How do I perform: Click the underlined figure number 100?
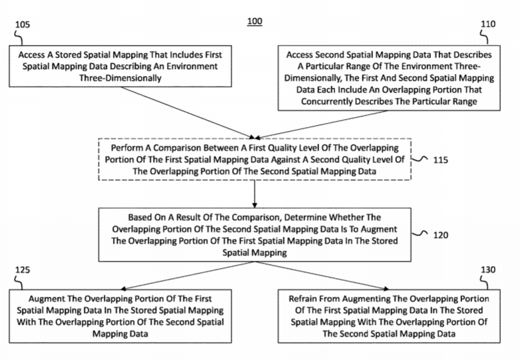[x=255, y=21]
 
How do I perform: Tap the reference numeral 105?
[x=23, y=25]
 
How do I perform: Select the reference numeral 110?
[x=488, y=24]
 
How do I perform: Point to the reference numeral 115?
[x=441, y=160]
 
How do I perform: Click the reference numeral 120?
[x=441, y=235]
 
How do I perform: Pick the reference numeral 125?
[x=23, y=270]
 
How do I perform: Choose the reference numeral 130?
[x=488, y=270]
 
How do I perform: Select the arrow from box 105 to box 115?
[x=188, y=113]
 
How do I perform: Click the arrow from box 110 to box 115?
[x=321, y=124]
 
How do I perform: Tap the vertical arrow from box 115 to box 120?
[x=255, y=194]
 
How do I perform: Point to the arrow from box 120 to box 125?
[x=188, y=275]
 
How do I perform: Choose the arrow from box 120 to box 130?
[x=322, y=275]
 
